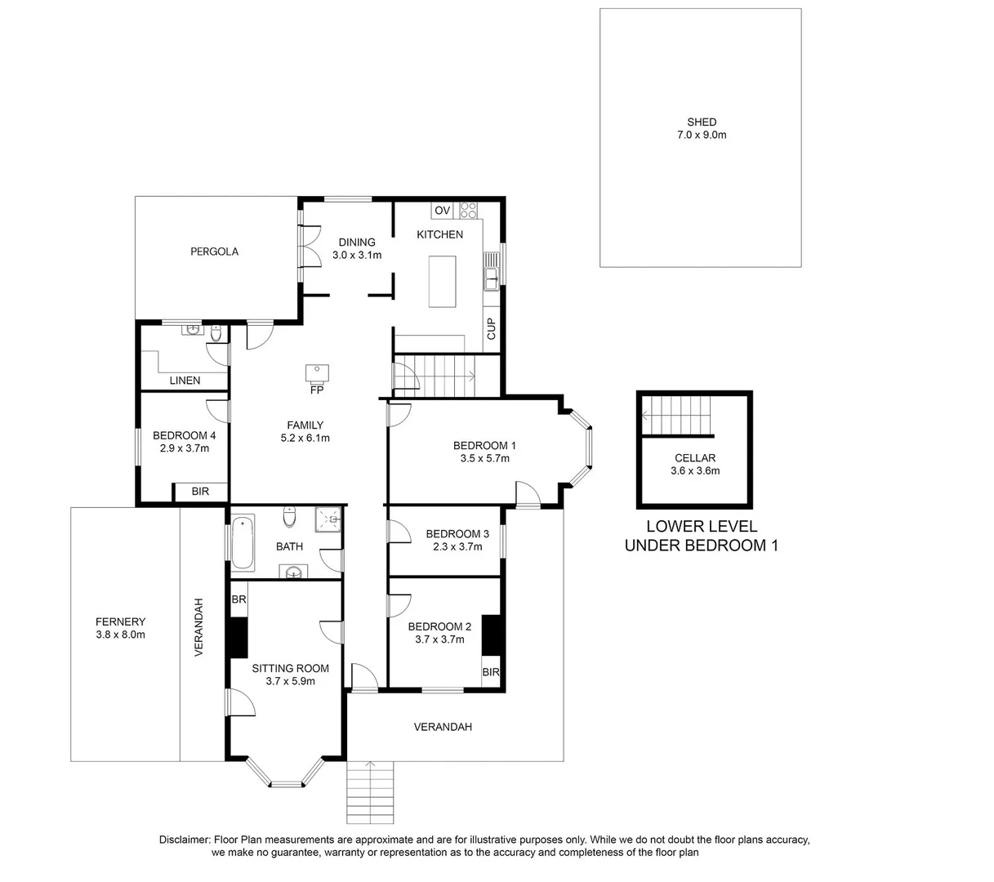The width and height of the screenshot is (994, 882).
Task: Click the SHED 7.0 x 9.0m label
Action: click(x=701, y=129)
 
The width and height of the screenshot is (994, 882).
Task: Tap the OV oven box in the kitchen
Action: click(x=442, y=211)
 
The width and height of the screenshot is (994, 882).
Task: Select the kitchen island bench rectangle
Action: click(x=444, y=282)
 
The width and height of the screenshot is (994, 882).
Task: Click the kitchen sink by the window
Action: click(x=491, y=270)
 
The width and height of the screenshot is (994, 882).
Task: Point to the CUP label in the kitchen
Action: click(x=491, y=328)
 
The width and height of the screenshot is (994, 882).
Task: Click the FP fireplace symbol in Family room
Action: click(x=317, y=374)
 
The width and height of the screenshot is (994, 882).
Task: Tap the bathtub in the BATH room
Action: click(x=243, y=541)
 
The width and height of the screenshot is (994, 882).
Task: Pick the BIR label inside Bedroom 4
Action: click(x=200, y=492)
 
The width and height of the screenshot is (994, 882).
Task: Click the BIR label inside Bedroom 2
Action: click(x=491, y=673)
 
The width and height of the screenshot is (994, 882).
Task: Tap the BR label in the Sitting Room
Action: click(x=238, y=599)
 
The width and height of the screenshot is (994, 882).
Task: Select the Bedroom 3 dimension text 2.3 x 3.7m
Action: click(x=457, y=546)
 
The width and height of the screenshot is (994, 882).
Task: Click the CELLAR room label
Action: click(x=695, y=458)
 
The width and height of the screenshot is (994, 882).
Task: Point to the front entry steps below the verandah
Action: click(x=372, y=793)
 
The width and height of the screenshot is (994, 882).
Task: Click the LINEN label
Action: click(x=185, y=381)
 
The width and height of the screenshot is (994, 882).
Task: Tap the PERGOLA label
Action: click(x=214, y=252)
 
